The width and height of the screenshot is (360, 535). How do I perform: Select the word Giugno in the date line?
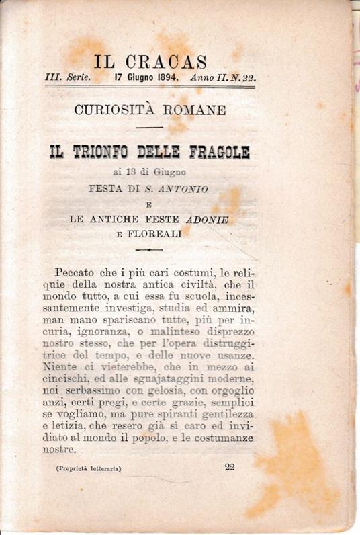[x=137, y=77]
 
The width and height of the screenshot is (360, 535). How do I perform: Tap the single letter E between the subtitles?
[x=149, y=204]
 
